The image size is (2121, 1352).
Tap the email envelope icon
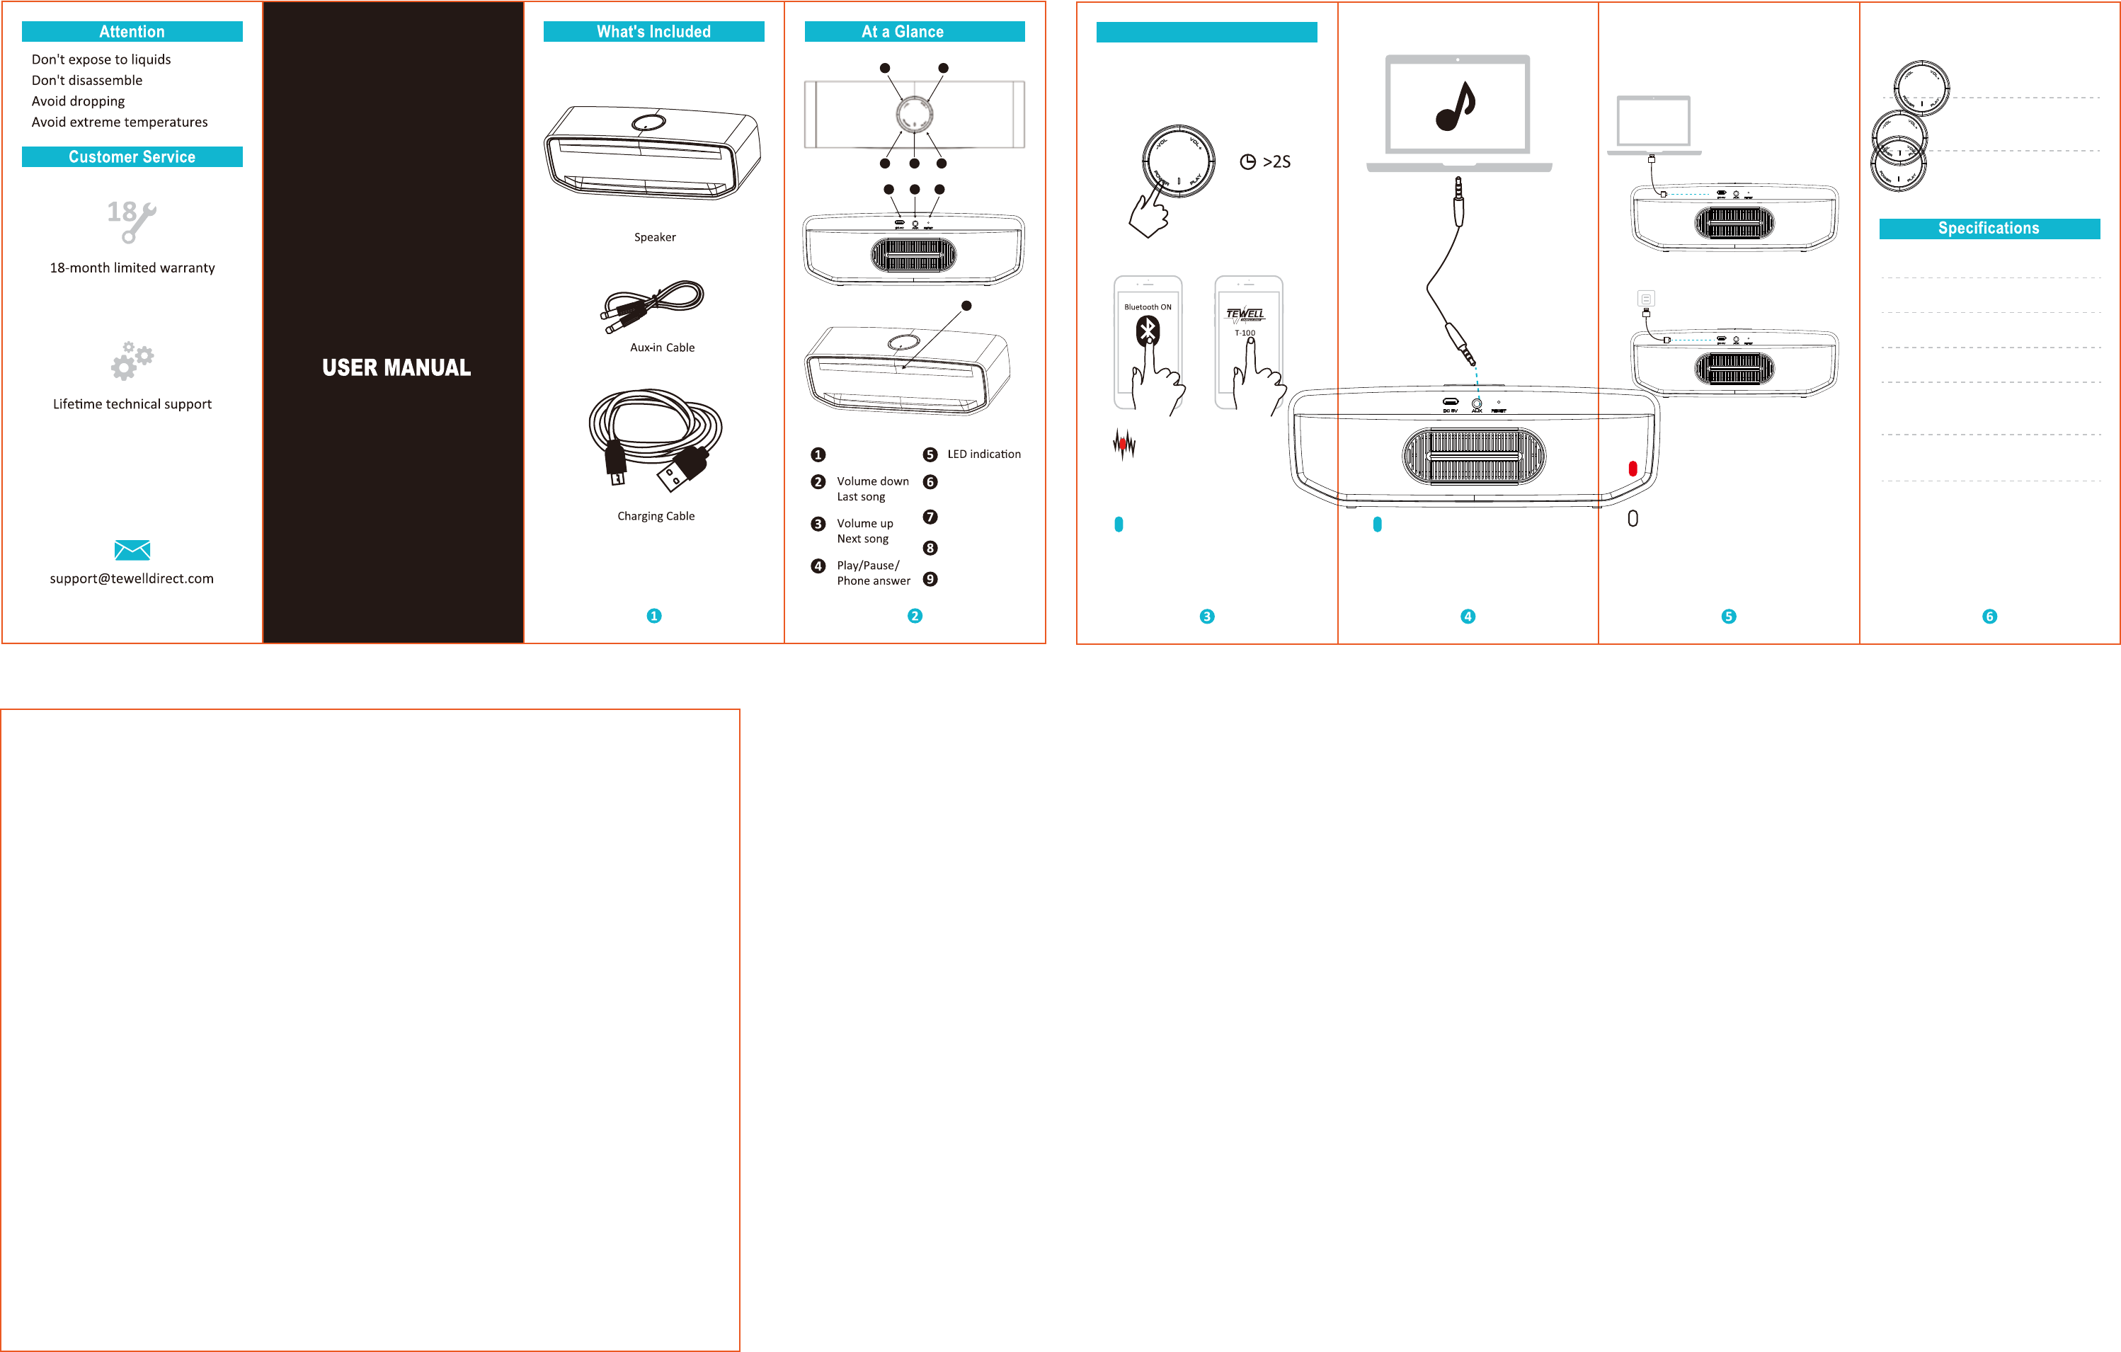coord(132,551)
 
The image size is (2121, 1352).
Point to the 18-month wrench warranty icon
coord(131,220)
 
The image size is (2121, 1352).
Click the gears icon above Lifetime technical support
coord(131,360)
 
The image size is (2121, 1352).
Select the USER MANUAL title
coord(396,367)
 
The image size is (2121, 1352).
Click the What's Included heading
coord(653,32)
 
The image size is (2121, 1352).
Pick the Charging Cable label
coord(656,516)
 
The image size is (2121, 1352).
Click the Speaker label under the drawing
coord(654,237)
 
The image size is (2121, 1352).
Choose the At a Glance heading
coord(902,32)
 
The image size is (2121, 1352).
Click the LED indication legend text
coord(983,454)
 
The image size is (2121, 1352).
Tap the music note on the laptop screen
coord(1456,107)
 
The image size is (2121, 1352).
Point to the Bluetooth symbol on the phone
coord(1147,331)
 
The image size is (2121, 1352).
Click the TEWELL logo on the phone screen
coord(1245,314)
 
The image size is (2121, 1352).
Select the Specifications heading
coord(1988,228)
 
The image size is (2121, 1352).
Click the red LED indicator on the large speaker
coord(1632,469)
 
